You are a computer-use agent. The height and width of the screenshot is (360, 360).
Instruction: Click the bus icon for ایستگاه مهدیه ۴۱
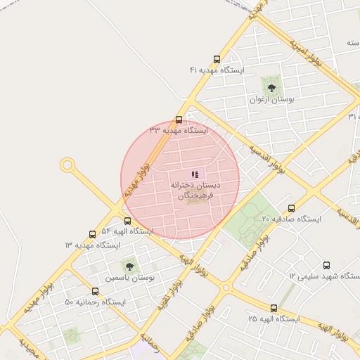tap(217, 60)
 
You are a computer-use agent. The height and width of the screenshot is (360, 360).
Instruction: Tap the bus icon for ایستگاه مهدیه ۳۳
tap(179, 120)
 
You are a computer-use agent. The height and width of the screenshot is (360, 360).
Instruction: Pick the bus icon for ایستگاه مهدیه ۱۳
tap(92, 234)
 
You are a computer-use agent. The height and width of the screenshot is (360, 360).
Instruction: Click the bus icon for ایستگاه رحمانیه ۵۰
tap(95, 291)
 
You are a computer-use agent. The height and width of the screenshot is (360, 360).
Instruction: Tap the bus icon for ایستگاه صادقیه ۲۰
tap(291, 208)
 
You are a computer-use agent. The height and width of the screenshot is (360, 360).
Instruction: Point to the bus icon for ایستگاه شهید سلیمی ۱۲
tap(326, 265)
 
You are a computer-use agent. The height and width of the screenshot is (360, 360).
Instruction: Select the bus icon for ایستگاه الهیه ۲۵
tap(274, 308)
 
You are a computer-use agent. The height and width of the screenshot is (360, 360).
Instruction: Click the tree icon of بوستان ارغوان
tap(271, 88)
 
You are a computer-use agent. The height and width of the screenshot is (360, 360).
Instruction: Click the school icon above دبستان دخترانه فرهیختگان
tap(195, 174)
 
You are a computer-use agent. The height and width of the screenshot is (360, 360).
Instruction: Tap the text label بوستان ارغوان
tap(272, 100)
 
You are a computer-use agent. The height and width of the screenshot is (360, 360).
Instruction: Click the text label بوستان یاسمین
tap(129, 278)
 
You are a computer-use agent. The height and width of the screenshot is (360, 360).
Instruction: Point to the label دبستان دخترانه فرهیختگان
tap(195, 191)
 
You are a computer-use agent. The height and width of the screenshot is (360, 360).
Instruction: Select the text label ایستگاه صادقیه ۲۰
tap(291, 219)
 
